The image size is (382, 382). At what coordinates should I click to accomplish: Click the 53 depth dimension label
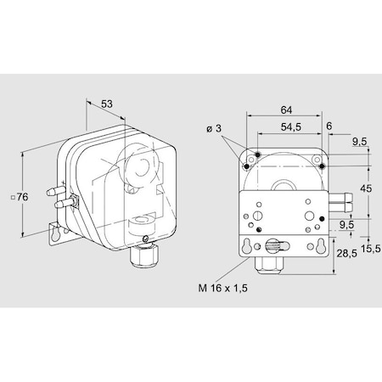click(108, 104)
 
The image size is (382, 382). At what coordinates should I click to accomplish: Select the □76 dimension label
click(21, 197)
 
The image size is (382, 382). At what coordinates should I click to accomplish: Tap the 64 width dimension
click(288, 109)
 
